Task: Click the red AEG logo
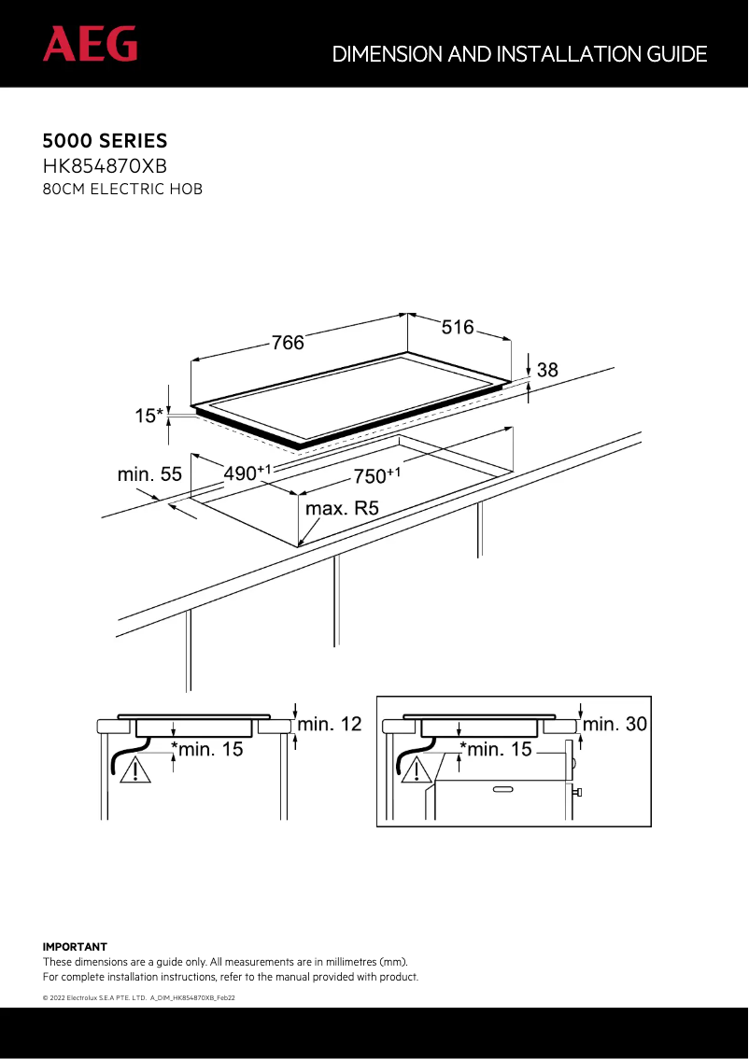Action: pyautogui.click(x=90, y=45)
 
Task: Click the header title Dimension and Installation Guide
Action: pyautogui.click(x=519, y=54)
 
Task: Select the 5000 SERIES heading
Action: pyautogui.click(x=105, y=142)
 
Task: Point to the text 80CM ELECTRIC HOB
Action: pyautogui.click(x=122, y=190)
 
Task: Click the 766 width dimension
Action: pyautogui.click(x=288, y=343)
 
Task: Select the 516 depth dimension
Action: pyautogui.click(x=458, y=327)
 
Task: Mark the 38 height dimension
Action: pyautogui.click(x=546, y=370)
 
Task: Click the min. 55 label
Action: pyautogui.click(x=149, y=474)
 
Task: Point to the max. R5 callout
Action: pyautogui.click(x=342, y=509)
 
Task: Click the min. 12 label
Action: pyautogui.click(x=330, y=725)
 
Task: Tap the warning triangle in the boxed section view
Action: pyautogui.click(x=417, y=770)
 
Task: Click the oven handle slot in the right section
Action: pyautogui.click(x=502, y=790)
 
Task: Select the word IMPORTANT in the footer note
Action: pyautogui.click(x=75, y=947)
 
